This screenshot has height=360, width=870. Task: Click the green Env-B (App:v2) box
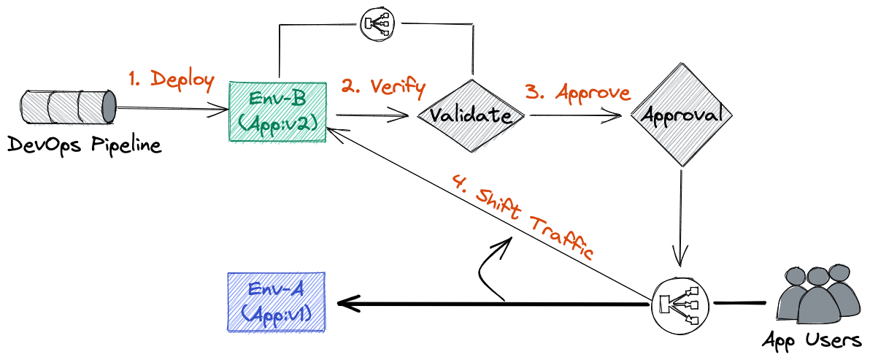tap(278, 111)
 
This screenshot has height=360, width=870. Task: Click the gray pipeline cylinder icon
tap(69, 107)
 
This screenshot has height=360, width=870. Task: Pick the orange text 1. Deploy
tap(172, 80)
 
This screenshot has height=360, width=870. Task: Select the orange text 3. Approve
tap(578, 92)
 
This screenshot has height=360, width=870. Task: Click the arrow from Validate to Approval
tap(577, 115)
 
